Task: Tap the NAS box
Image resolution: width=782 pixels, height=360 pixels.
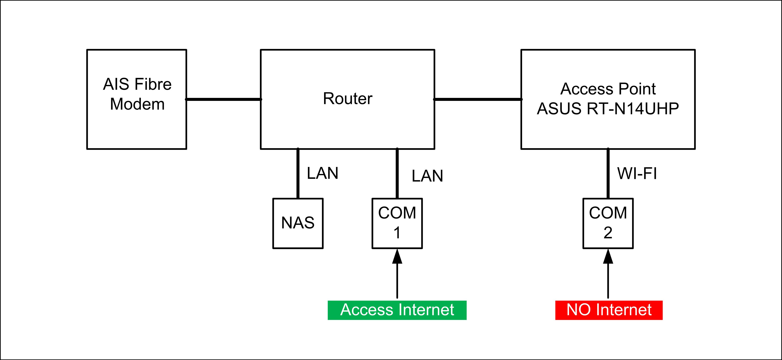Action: (x=298, y=223)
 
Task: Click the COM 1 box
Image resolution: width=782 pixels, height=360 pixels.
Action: (x=397, y=223)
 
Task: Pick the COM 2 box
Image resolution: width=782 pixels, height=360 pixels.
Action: (x=608, y=223)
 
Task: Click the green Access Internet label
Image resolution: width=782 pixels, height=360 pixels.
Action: (x=397, y=310)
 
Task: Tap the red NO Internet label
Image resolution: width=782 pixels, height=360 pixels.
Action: (x=609, y=310)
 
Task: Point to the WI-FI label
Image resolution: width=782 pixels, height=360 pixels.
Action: (x=637, y=174)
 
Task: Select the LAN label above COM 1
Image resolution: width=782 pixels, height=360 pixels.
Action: (x=427, y=176)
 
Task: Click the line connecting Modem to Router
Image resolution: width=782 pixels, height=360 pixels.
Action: (x=223, y=99)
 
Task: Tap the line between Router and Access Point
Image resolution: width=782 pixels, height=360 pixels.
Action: (x=478, y=99)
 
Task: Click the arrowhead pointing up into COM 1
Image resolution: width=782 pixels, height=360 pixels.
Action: (x=397, y=257)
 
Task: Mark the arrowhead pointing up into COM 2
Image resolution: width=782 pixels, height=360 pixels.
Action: (x=608, y=257)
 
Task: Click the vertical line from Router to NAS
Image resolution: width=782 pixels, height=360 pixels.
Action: (x=298, y=174)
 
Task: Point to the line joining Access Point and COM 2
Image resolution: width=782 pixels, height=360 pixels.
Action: (x=608, y=174)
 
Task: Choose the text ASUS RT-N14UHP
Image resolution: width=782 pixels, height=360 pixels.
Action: (x=608, y=108)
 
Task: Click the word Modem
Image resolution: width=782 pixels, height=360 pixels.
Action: (x=137, y=104)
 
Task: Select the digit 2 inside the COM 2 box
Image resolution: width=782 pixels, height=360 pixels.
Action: (x=608, y=233)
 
